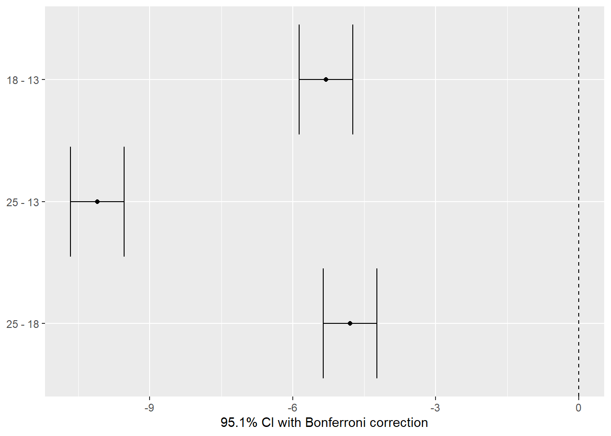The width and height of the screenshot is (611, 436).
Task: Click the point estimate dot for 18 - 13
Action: point(326,79)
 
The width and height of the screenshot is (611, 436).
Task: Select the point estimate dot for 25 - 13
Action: point(97,202)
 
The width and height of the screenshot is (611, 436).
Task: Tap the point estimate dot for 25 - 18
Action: point(350,323)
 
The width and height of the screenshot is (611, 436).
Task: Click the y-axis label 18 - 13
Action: point(23,80)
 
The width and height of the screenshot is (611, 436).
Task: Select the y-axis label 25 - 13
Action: point(23,202)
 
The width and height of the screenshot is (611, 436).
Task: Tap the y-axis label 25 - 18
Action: point(23,324)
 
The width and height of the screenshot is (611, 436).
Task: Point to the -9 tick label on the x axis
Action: point(149,408)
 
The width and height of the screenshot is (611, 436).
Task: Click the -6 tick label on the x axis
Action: point(292,408)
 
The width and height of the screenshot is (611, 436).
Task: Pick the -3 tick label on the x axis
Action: point(435,408)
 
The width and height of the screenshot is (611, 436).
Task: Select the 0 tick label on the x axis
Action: point(578,408)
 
